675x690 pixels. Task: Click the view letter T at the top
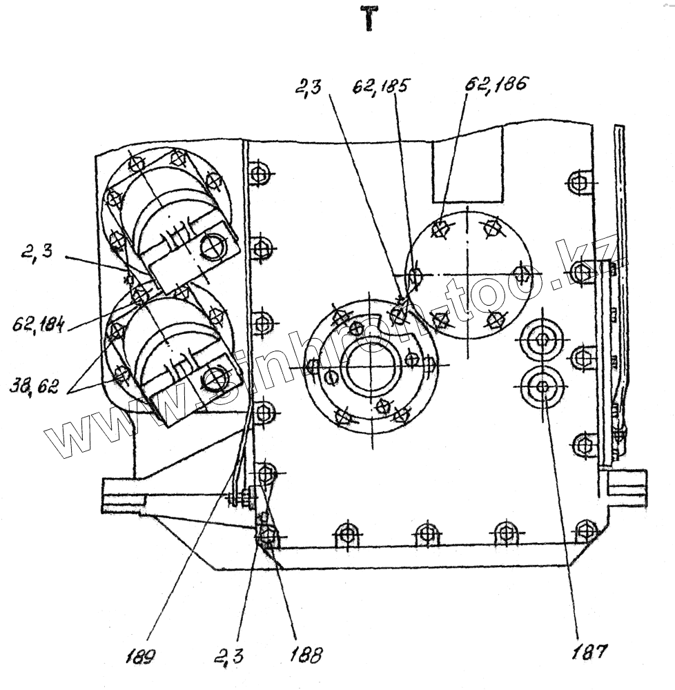coord(370,20)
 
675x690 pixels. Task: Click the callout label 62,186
coord(496,84)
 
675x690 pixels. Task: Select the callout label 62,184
coord(38,323)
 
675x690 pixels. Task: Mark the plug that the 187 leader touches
coord(542,386)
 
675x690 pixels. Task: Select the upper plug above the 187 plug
coord(542,338)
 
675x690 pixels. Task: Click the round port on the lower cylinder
coord(217,377)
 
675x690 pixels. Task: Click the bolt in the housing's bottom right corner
coord(587,531)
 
